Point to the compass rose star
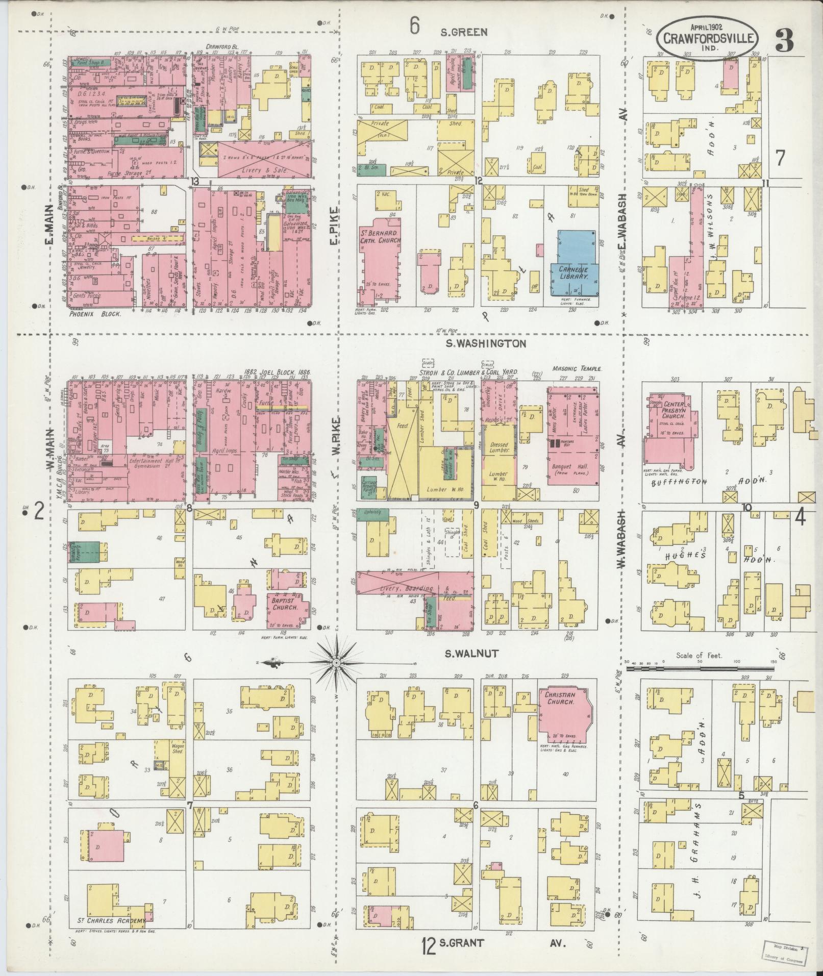click(x=336, y=663)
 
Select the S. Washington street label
click(x=485, y=344)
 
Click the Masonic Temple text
click(x=577, y=368)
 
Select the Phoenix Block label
click(x=95, y=314)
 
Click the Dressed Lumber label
click(x=499, y=447)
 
